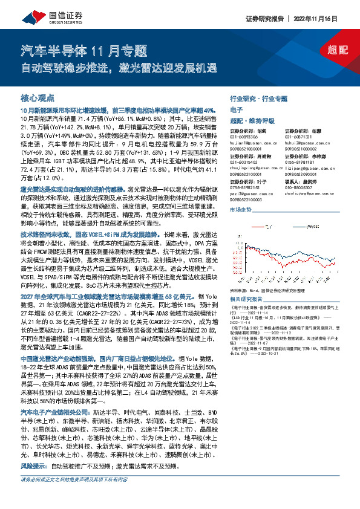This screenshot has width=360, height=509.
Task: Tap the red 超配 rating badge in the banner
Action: pyautogui.click(x=333, y=53)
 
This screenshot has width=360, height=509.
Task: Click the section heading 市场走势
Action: pyautogui.click(x=242, y=209)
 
